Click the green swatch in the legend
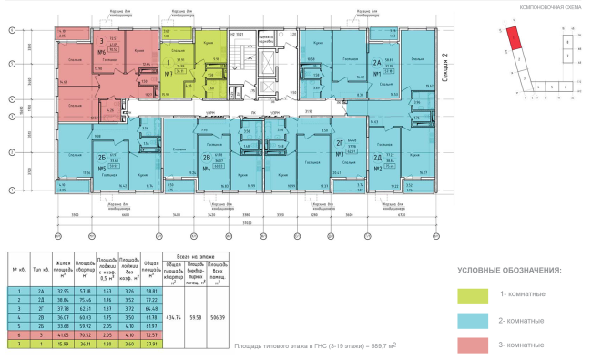pos(475,294)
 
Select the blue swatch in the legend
pos(475,320)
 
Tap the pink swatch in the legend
pos(475,345)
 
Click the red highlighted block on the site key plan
pos(515,37)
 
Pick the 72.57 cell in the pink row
pos(151,335)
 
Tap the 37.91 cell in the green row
pos(151,345)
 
